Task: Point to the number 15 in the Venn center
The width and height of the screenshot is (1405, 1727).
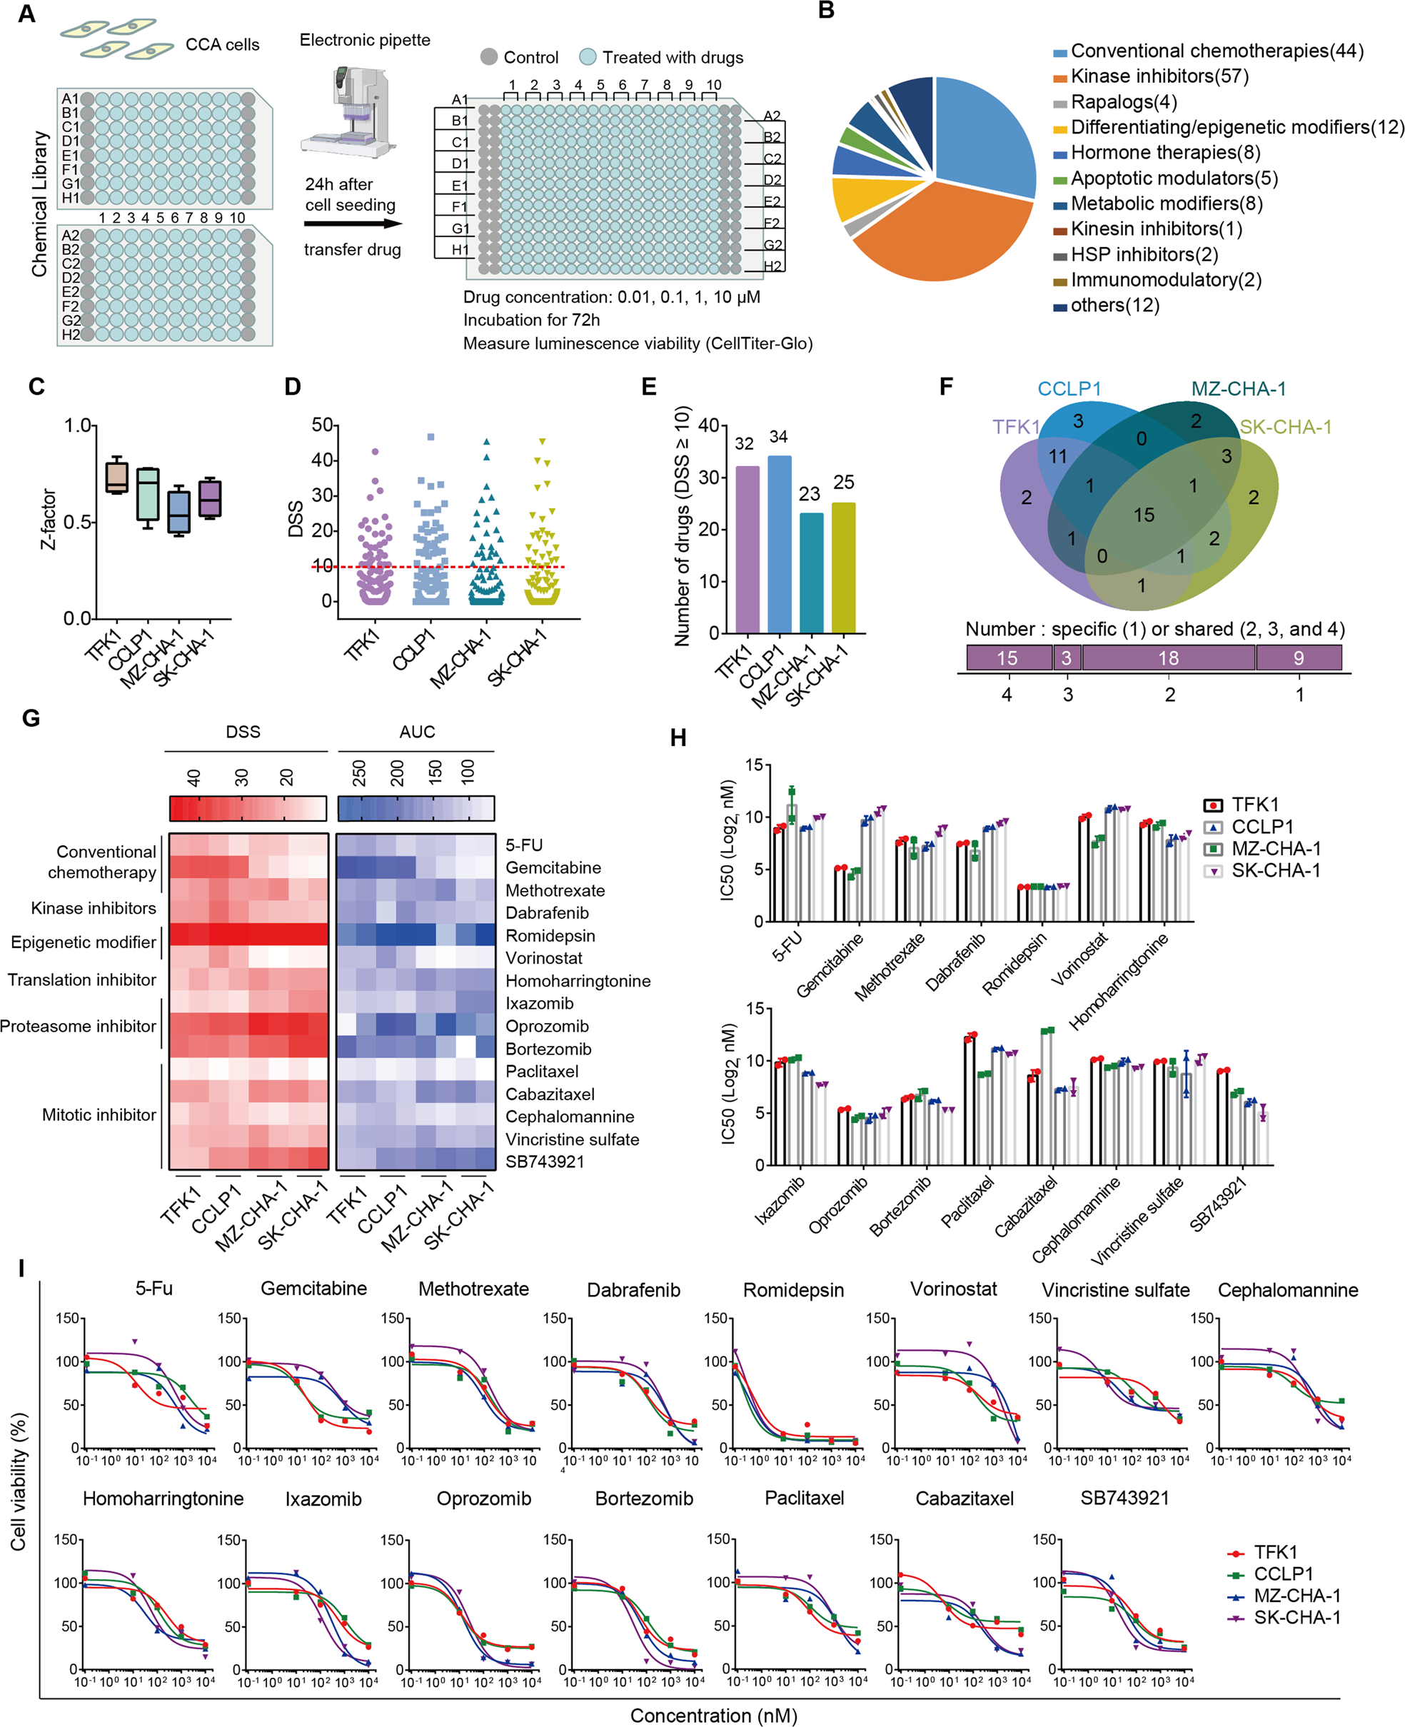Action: click(x=1144, y=515)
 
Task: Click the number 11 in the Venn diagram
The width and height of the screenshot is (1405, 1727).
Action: click(x=1058, y=456)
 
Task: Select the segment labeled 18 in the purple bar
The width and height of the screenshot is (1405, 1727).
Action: click(x=1168, y=658)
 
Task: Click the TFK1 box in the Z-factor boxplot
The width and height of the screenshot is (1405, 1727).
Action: click(x=116, y=477)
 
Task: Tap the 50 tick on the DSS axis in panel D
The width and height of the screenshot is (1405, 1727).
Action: click(x=322, y=425)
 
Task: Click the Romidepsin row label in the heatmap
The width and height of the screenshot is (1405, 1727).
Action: click(x=550, y=935)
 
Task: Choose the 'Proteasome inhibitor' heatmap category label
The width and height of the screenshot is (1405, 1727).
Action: click(x=78, y=1026)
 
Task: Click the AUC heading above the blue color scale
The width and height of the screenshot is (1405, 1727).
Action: click(x=417, y=732)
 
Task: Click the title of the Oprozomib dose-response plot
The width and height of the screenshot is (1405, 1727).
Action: click(x=484, y=1499)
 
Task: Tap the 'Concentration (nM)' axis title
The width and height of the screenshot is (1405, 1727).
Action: click(x=713, y=1716)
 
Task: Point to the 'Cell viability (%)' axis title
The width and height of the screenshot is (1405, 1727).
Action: click(x=19, y=1481)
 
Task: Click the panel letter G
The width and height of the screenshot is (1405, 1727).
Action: click(x=30, y=718)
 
